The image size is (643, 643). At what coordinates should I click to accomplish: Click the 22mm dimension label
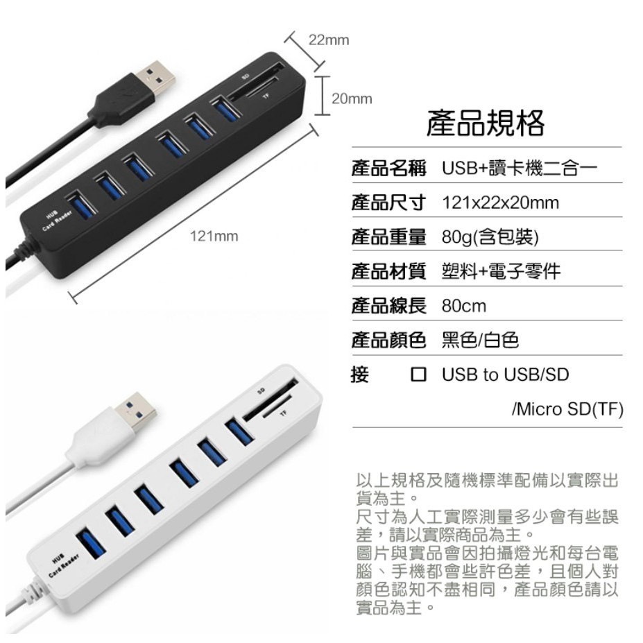tap(329, 40)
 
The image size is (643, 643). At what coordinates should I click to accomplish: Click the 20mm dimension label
tap(352, 98)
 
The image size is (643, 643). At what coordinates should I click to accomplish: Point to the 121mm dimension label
tap(214, 237)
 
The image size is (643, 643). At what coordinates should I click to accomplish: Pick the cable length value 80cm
tap(464, 306)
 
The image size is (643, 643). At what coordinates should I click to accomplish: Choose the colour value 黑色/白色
tap(480, 341)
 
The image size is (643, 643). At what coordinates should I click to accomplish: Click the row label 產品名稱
tap(388, 169)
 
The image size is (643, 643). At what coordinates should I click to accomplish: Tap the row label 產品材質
tap(388, 271)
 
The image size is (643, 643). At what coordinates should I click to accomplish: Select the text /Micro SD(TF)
tap(567, 409)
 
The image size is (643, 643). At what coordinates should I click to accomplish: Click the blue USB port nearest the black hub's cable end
tap(78, 206)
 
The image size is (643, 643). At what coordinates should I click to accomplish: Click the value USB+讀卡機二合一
tap(519, 169)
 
